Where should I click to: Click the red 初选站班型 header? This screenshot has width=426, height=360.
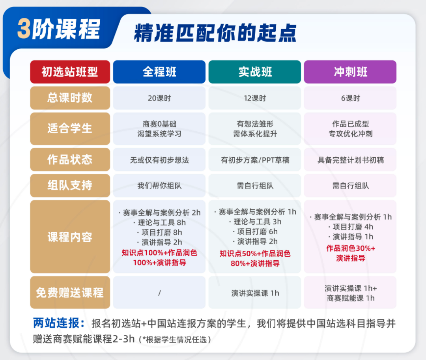coord(70,72)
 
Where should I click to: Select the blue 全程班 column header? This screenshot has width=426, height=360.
coord(159,72)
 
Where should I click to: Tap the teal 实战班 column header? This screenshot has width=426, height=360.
coord(254,72)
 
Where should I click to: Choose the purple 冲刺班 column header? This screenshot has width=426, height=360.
coord(350,72)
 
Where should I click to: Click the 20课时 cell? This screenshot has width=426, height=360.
coord(159,98)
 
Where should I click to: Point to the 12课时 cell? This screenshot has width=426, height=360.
coord(254,98)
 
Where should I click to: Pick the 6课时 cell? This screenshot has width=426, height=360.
coord(350,98)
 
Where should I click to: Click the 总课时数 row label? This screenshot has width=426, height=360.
coord(70,98)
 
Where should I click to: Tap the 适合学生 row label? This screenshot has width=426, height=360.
coord(70,129)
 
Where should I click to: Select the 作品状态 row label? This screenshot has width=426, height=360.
coord(70,160)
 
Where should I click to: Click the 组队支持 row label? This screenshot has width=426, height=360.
coord(70,186)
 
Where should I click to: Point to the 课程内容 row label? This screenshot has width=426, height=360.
coord(70,237)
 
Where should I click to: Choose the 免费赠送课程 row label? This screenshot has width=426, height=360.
coord(70,293)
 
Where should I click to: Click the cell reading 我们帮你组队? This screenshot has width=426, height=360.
coord(159,186)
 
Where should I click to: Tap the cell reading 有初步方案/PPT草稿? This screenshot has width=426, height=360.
coord(254,160)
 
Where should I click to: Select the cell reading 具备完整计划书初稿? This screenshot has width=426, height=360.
coord(350,160)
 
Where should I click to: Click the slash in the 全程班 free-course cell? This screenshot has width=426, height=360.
coord(159,293)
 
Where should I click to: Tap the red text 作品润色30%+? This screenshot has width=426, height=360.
coord(351,248)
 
